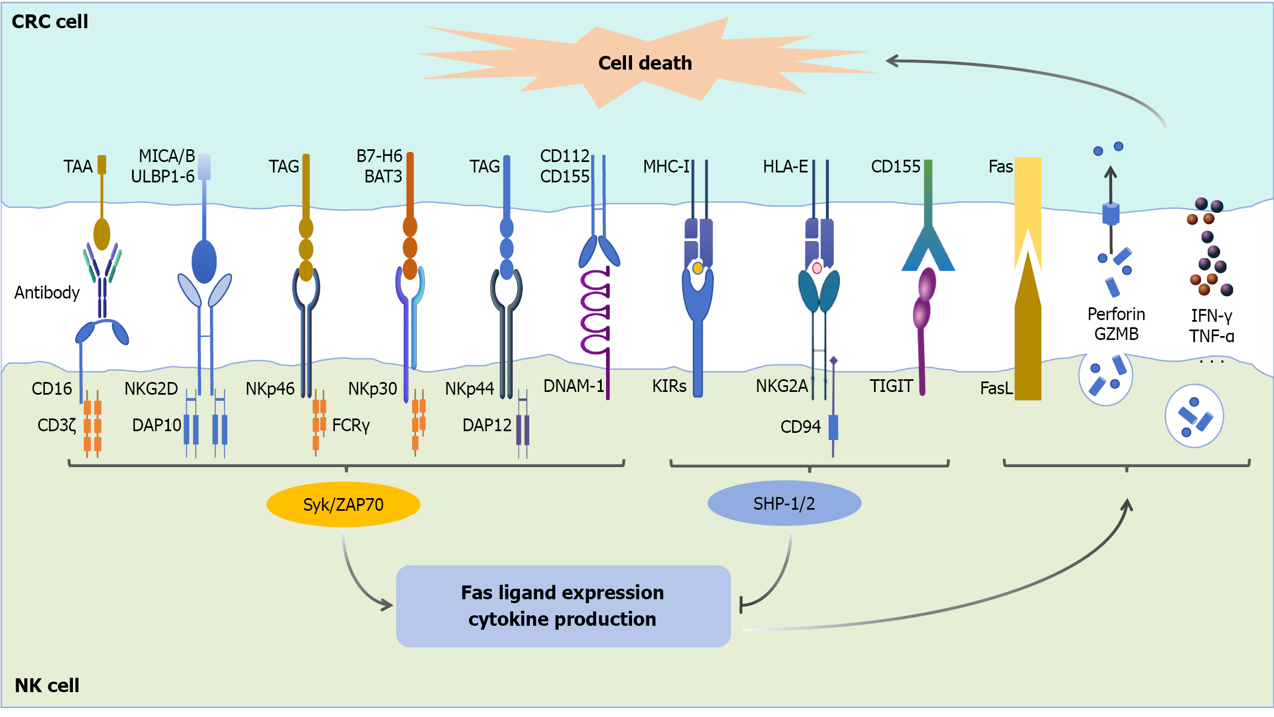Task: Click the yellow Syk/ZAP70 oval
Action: [x=343, y=504]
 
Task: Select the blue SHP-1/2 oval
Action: [x=784, y=503]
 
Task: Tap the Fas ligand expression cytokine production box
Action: [x=563, y=606]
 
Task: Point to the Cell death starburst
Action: [x=646, y=62]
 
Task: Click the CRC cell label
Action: [x=50, y=22]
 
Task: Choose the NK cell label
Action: [x=47, y=685]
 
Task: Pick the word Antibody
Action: [x=47, y=292]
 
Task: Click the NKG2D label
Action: [x=151, y=389]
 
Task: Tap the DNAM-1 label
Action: [x=573, y=386]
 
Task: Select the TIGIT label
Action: [x=891, y=386]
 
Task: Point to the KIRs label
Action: [x=669, y=386]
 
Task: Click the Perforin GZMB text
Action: [x=1116, y=324]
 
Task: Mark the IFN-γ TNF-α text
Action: [x=1212, y=326]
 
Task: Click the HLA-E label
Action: [x=785, y=166]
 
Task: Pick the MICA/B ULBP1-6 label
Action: [x=164, y=166]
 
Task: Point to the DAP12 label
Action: [x=487, y=425]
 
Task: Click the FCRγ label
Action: [x=351, y=425]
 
